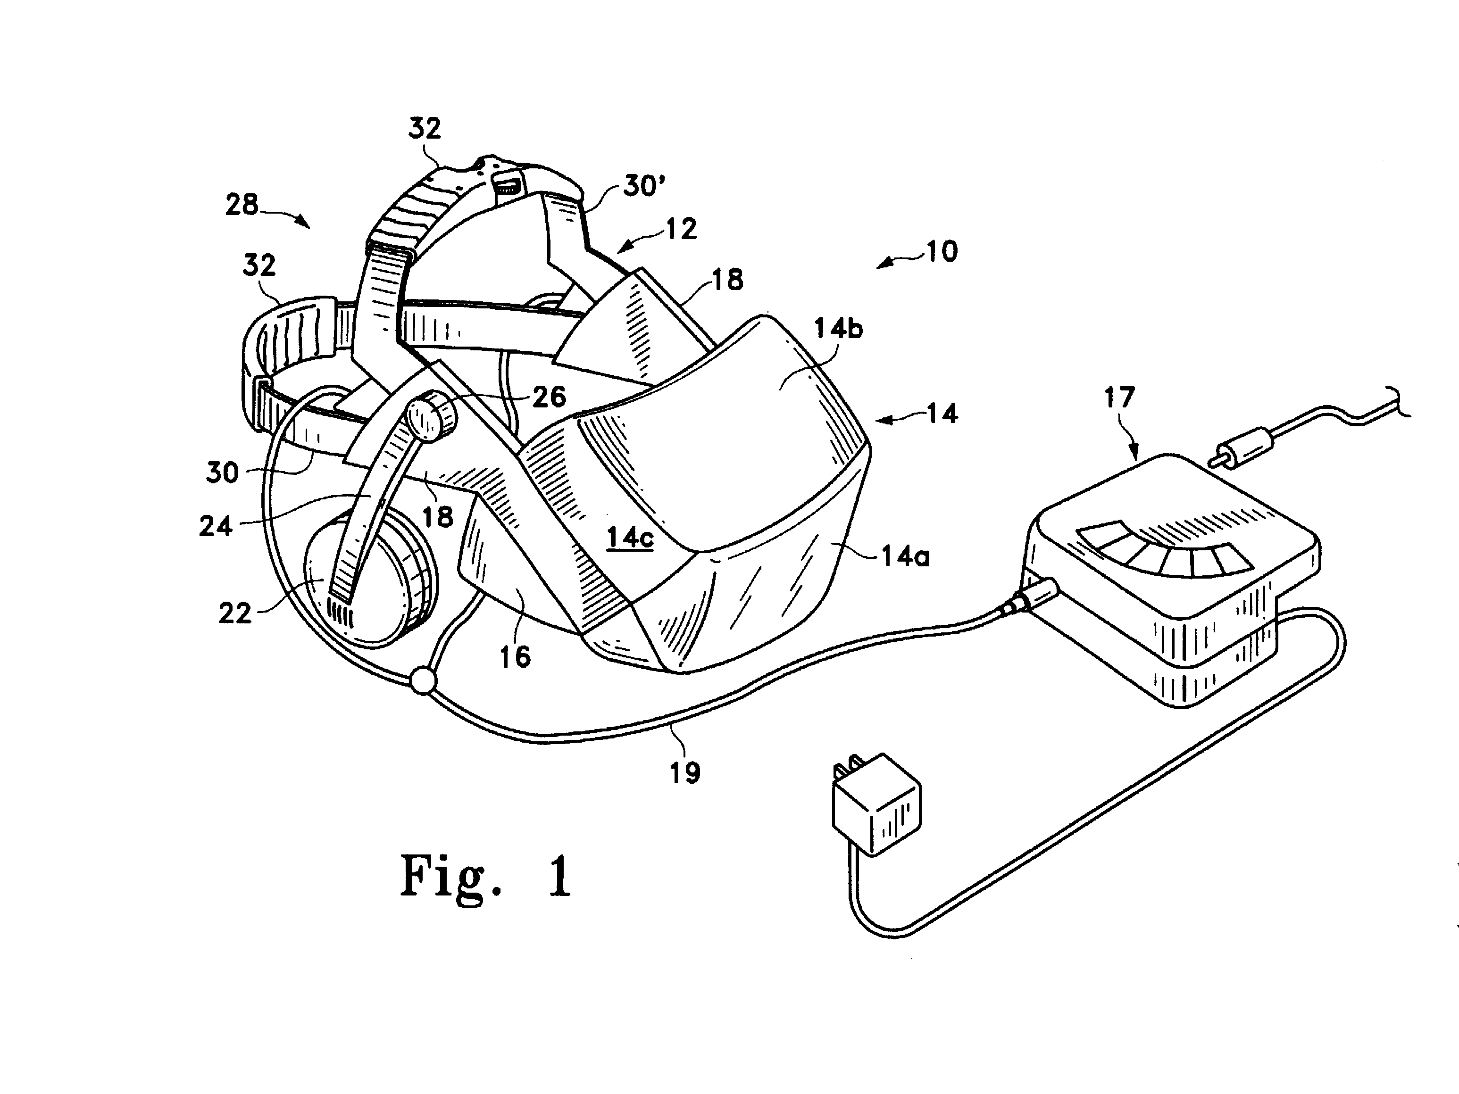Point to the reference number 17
pyautogui.click(x=1119, y=398)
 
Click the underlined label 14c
pyautogui.click(x=630, y=538)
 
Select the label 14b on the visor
pyautogui.click(x=838, y=328)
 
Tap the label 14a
pyautogui.click(x=906, y=557)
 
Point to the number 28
pyautogui.click(x=242, y=205)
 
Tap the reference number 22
pyautogui.click(x=235, y=613)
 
